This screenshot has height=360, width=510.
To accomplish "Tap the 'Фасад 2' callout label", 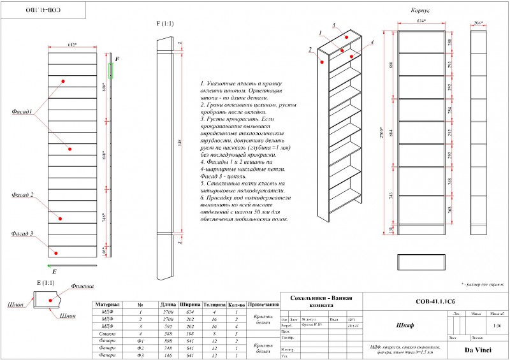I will coord(23,195).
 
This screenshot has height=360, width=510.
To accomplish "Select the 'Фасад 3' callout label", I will coord(22,234).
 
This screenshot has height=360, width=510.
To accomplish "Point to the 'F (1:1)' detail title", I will coord(165,24).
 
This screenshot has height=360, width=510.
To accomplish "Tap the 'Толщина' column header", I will coord(215,305).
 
